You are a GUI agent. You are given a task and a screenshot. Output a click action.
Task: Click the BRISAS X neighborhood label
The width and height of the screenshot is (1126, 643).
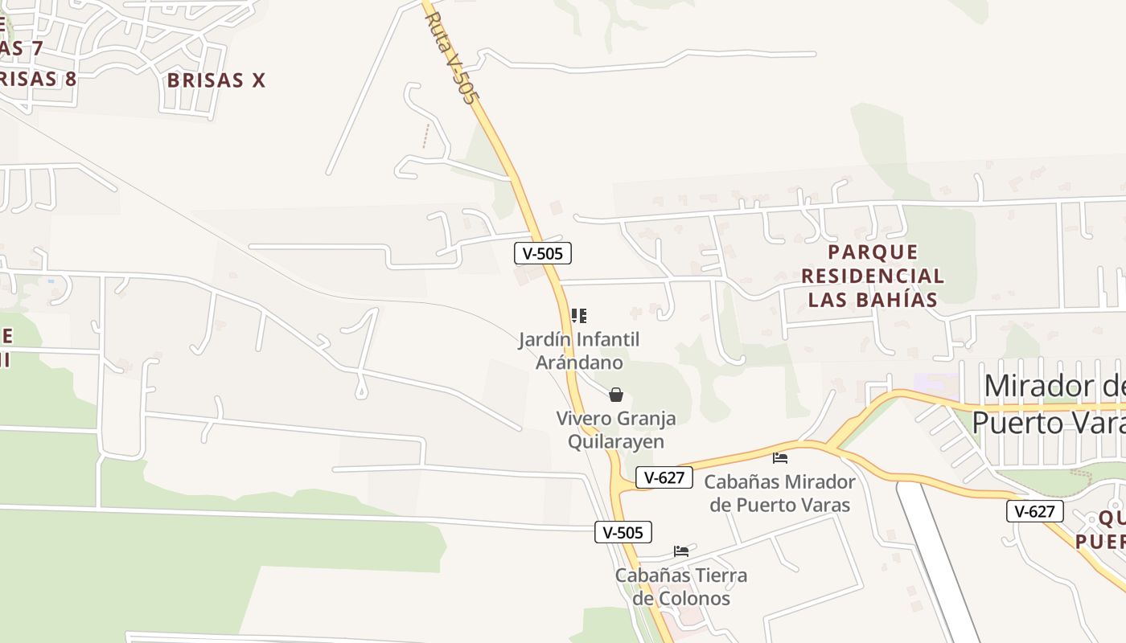[216, 80]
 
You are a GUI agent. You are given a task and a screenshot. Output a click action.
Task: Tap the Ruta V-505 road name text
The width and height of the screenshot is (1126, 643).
[451, 58]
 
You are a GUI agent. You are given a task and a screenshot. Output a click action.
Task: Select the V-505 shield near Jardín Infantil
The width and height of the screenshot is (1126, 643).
[543, 254]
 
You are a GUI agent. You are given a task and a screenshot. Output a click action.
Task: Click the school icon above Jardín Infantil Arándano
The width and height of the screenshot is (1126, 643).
[578, 316]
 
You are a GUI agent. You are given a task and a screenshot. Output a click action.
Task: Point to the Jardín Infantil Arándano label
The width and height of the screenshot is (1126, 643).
[578, 351]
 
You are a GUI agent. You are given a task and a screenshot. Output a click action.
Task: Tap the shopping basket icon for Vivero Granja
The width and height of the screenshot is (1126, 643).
[615, 395]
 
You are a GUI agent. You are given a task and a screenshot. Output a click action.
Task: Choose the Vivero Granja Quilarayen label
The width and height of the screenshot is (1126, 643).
[616, 430]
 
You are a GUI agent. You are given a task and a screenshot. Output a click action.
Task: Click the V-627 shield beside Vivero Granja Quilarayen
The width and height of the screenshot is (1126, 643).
[664, 477]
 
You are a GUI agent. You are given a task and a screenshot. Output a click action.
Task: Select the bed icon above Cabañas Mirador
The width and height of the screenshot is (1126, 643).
[779, 458]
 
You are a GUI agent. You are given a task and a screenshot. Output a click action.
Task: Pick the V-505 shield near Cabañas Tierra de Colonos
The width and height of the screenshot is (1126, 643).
[623, 532]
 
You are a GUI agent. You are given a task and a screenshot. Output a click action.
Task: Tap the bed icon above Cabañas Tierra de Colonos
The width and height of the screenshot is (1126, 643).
[681, 551]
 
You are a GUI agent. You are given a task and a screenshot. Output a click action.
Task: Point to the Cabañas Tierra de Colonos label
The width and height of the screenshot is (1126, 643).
[681, 587]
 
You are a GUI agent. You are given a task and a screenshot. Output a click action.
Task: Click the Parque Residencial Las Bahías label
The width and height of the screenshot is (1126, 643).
[873, 276]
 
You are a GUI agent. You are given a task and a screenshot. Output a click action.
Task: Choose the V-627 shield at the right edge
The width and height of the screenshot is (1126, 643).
[1035, 511]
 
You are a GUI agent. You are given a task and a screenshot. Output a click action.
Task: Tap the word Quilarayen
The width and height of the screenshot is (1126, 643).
[616, 442]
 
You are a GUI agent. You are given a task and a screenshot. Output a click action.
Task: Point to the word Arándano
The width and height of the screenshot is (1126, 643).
[579, 363]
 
